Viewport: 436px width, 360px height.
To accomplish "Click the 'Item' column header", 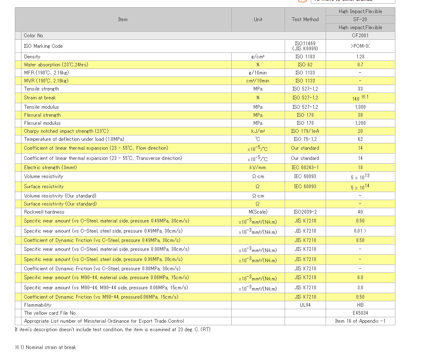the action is (123, 19).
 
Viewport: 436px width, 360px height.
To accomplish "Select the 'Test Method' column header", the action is (305, 19).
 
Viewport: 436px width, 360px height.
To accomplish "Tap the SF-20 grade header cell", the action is (360, 19).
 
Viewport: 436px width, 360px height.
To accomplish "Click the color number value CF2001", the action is (360, 36).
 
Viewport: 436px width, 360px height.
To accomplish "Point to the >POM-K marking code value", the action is (360, 46).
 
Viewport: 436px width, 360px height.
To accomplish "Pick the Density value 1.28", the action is (360, 57).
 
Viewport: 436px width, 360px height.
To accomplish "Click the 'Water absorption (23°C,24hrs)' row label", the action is (56, 65).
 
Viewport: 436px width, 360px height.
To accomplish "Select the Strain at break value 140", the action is (356, 99).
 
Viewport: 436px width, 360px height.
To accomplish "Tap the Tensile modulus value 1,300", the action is (360, 107).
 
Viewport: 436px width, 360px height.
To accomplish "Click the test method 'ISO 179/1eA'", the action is (305, 131).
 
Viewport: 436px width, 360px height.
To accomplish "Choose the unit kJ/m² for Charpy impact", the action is (258, 131).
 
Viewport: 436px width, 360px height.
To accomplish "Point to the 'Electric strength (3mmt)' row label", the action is (50, 168).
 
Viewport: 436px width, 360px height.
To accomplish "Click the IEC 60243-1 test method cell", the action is (305, 168).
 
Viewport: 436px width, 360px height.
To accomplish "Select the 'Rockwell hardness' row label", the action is (44, 212).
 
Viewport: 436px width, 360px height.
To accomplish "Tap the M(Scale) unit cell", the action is (258, 212).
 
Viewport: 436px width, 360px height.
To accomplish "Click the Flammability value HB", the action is (360, 305).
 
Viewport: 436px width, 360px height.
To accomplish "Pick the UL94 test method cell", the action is (305, 305).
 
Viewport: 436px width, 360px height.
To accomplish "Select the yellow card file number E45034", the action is (360, 313).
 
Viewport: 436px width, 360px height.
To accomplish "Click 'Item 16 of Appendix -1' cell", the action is (360, 322).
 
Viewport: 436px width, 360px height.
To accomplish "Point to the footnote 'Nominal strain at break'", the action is (51, 347).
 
